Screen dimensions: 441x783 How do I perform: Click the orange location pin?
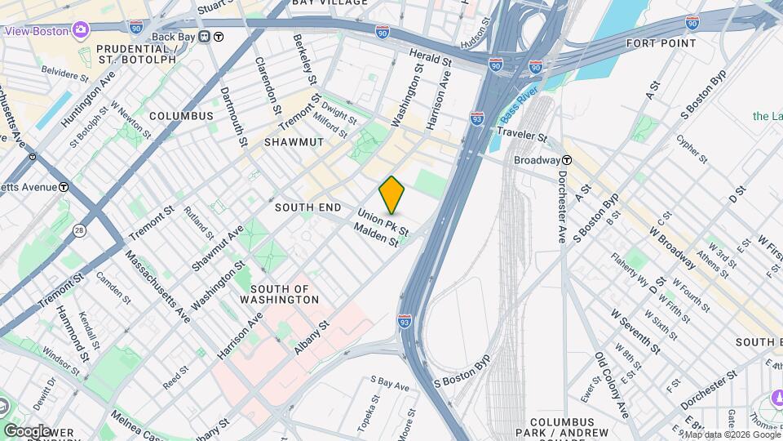coord(392,194)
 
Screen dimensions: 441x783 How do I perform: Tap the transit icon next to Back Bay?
coord(218,37)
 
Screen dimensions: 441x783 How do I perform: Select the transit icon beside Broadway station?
coord(566,161)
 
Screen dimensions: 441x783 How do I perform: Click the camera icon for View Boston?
coord(81,30)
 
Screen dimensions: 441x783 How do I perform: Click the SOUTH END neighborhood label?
coord(306,207)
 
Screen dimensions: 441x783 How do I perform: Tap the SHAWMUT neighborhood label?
coord(294,142)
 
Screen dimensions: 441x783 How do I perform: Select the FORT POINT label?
coord(661,42)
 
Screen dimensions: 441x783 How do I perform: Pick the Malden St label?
coord(376,236)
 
